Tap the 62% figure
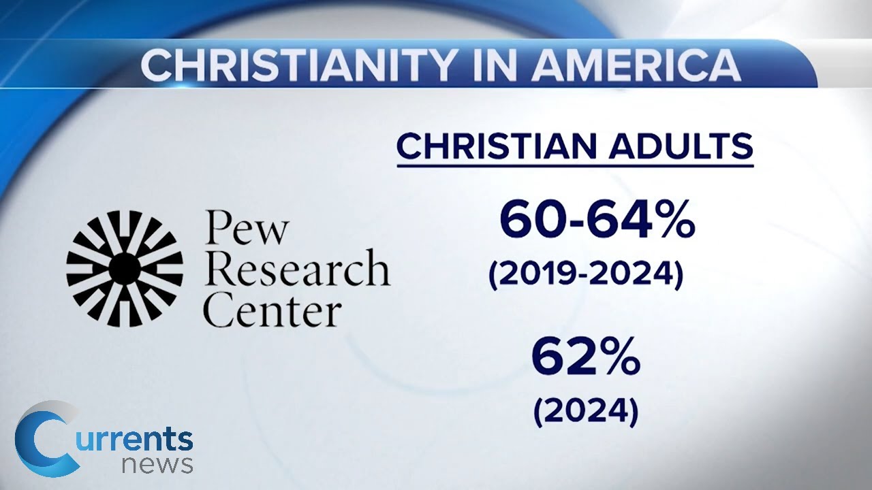586,358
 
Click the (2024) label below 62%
586,411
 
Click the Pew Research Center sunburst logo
125,269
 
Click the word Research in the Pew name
297,269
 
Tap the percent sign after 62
617,358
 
